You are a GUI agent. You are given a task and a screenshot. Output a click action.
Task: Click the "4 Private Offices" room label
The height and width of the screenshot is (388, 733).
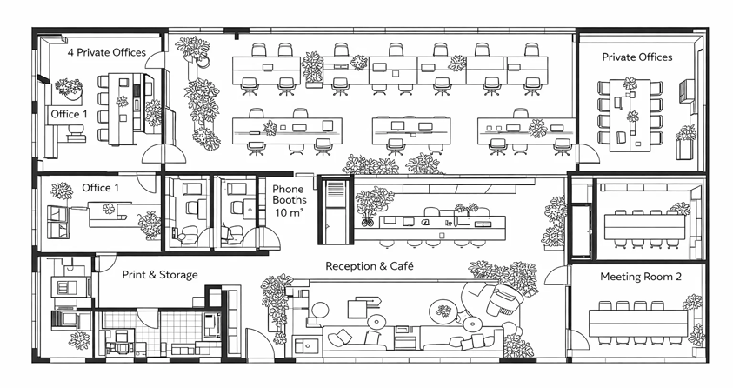(x=107, y=52)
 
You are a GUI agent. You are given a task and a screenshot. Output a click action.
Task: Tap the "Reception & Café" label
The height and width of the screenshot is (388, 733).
(x=370, y=266)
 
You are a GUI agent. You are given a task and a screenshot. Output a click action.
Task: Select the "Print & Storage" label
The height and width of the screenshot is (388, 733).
(x=160, y=274)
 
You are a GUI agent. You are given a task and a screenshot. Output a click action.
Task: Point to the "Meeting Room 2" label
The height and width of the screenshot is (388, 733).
(x=641, y=277)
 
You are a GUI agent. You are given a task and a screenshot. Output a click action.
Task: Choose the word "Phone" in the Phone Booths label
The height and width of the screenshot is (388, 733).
(x=288, y=189)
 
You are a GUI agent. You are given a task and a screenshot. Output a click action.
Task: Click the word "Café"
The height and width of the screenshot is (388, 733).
(x=402, y=266)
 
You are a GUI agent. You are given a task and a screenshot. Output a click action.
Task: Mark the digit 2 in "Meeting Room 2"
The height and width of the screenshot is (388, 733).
(x=678, y=277)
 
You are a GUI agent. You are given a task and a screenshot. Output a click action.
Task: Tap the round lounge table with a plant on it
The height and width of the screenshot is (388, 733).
(x=443, y=310)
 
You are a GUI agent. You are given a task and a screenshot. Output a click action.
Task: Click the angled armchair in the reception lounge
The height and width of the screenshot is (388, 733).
(x=501, y=299)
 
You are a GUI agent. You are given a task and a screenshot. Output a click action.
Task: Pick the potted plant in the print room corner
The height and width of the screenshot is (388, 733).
(x=79, y=341)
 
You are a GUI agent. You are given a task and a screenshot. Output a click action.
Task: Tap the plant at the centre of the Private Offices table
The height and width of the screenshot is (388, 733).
(x=632, y=117)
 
